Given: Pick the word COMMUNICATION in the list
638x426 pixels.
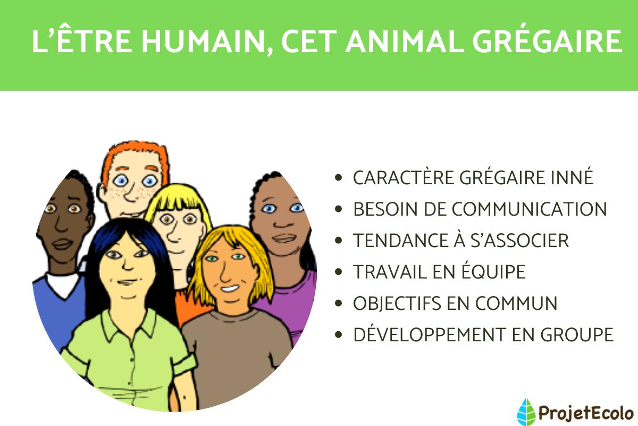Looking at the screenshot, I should tap(529, 209).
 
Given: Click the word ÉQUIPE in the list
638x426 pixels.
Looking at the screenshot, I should tap(494, 272).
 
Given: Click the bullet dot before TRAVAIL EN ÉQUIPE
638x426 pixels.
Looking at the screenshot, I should tap(339, 273).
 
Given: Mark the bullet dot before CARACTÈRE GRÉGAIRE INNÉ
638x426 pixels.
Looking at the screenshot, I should tap(339, 178).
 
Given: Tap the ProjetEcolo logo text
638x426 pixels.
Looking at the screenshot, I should tap(585, 412).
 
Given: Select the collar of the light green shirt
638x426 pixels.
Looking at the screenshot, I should tap(128, 325).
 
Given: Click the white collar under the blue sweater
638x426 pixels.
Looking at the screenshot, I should tap(62, 285).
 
